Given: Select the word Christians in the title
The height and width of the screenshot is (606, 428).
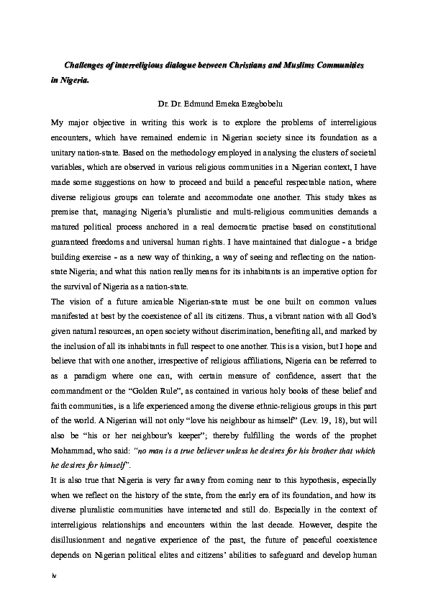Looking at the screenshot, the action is click(248, 65).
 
